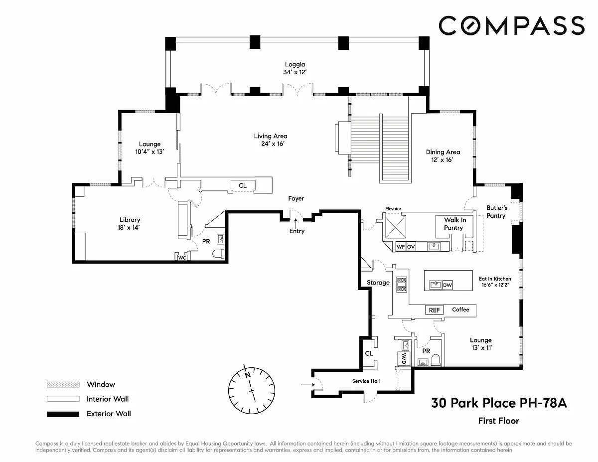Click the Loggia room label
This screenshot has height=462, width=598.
coord(295,64)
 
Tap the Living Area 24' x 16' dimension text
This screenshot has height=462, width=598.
coord(273,144)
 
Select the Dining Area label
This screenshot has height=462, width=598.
coord(443,152)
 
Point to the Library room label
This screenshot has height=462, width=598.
coord(130,220)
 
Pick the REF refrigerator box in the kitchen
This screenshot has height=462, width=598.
coord(434,310)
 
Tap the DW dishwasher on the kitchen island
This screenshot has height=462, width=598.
coord(447,285)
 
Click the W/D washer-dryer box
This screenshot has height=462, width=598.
coord(404,358)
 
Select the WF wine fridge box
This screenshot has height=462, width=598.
coord(400,247)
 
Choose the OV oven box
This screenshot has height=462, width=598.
coord(411,247)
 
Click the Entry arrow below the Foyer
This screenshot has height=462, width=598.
coord(296,223)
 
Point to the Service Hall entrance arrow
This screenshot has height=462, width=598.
coord(307,385)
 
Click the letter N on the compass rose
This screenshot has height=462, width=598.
coord(247,374)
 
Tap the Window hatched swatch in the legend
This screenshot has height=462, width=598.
coord(63,384)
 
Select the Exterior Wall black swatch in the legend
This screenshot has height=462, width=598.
coord(63,414)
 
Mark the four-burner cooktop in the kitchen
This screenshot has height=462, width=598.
coord(402,284)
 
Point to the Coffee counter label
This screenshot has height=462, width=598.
coord(460,309)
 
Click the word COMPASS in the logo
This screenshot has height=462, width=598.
coord(512,25)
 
